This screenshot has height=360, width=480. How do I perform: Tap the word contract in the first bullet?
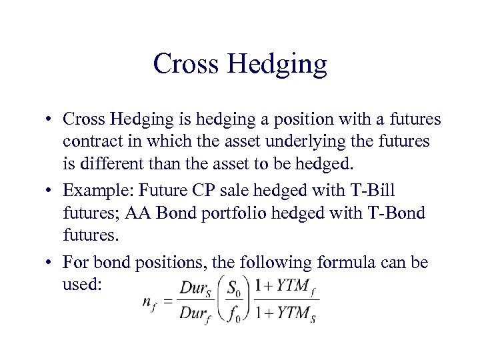coord(89,141)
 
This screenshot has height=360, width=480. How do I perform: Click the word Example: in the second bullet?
coord(93,191)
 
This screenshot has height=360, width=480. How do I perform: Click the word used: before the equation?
coord(83,285)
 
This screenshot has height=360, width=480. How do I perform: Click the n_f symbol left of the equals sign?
coord(149,302)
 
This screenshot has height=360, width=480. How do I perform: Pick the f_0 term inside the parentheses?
coord(235,313)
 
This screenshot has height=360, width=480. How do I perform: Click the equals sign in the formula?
coord(167,301)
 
